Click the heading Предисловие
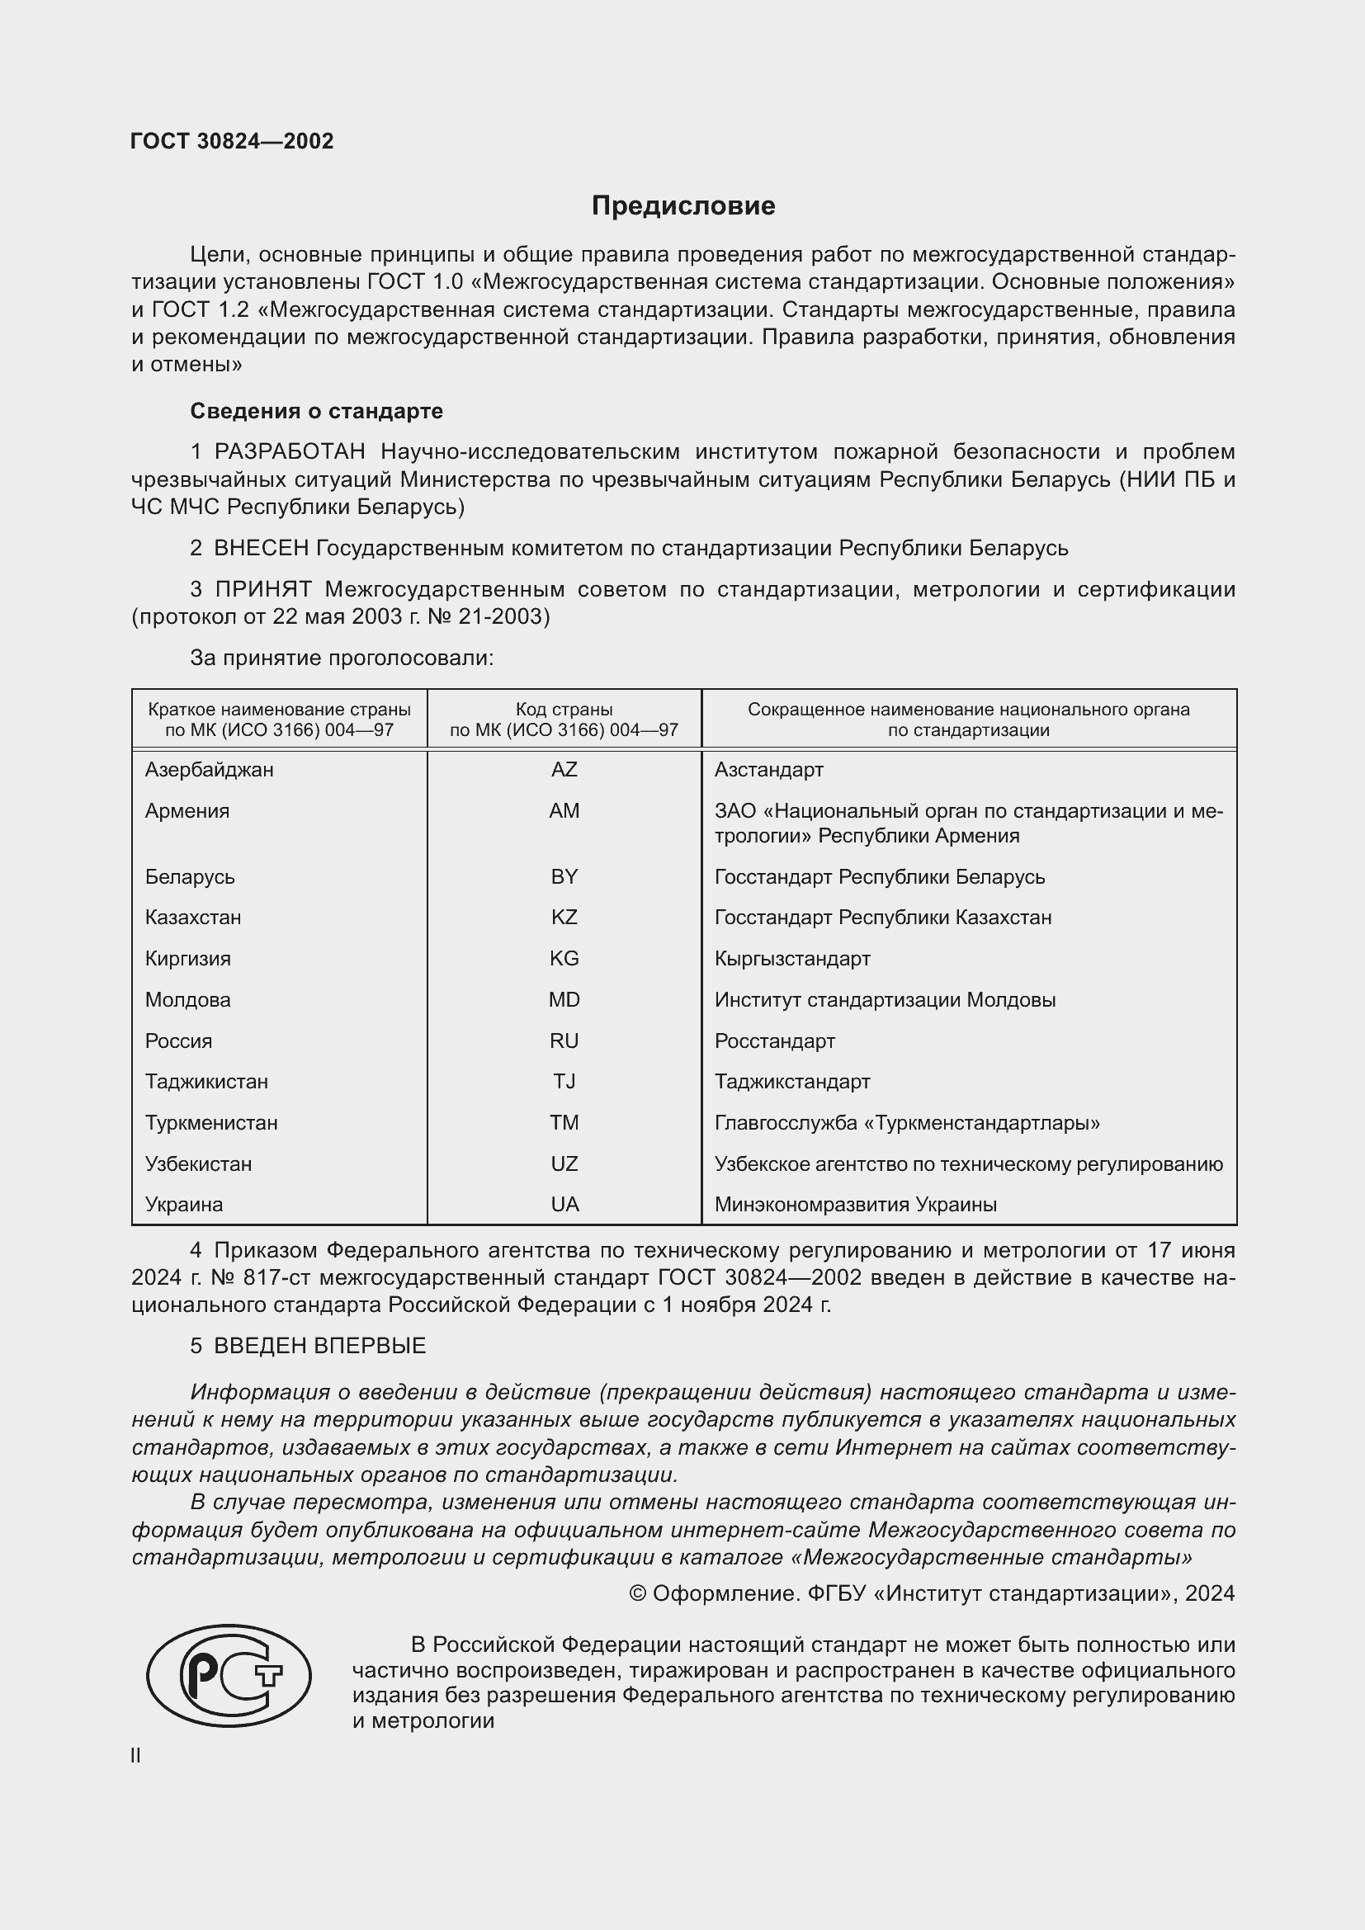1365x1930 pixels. coord(682,206)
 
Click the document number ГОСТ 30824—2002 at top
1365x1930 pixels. coord(232,141)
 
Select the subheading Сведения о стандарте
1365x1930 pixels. coord(316,411)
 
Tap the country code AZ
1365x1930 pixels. coord(564,770)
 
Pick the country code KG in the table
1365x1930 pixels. coord(564,958)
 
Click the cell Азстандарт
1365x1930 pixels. coord(768,770)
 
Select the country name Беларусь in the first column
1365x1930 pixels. coord(190,877)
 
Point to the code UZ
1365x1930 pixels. coord(564,1164)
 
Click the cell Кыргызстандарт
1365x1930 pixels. coord(791,958)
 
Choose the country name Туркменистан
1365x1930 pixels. coord(211,1123)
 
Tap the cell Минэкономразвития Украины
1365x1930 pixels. coord(855,1205)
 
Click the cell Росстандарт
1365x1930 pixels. coord(774,1041)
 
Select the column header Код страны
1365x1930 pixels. coord(564,710)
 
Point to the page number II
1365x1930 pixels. coord(135,1756)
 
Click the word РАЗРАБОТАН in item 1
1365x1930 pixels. coord(289,452)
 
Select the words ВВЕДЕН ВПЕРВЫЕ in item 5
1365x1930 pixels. coord(319,1346)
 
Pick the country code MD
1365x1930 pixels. coord(564,1000)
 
